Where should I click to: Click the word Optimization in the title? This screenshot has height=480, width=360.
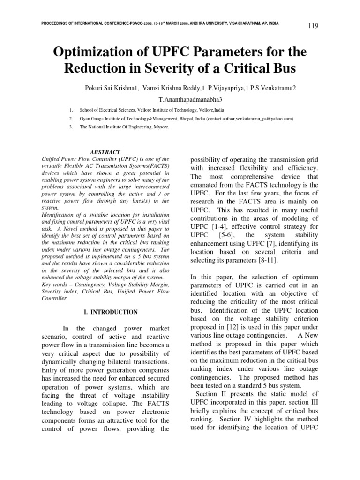pyautogui.click(x=92, y=50)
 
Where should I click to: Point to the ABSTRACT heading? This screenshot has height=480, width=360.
pyautogui.click(x=105, y=152)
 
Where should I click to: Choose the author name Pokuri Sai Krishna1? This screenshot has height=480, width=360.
pyautogui.click(x=111, y=88)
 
